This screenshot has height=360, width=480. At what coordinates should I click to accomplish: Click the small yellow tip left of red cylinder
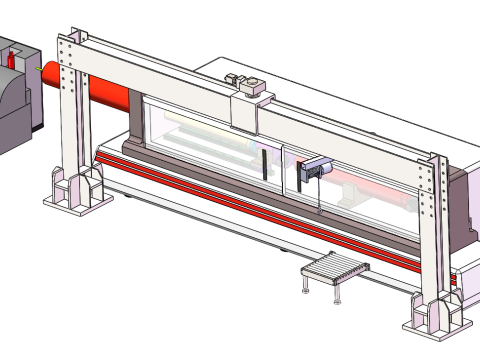coord(39,68)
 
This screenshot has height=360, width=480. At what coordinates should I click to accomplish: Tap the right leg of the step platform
coord(338,295)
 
